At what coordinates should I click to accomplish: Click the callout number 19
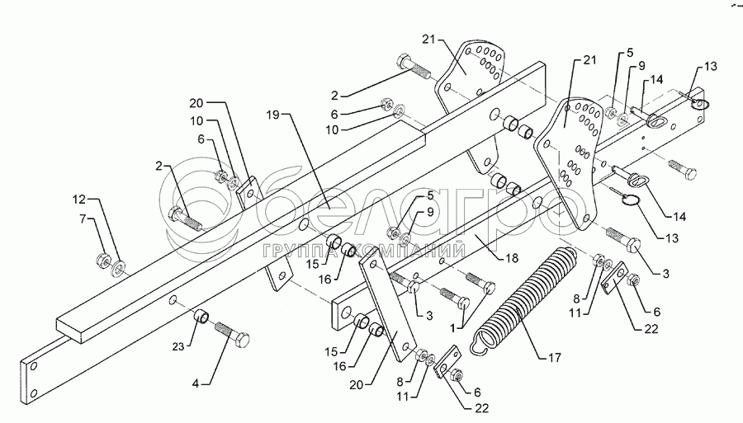[273, 115]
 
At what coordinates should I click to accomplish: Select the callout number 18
[512, 258]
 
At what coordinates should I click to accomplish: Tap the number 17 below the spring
[555, 358]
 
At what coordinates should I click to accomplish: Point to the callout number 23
[178, 347]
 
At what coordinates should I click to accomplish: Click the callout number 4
[195, 383]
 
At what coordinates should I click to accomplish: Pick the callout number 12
[79, 200]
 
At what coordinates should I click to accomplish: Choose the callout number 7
[84, 219]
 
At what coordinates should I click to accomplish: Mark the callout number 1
[453, 327]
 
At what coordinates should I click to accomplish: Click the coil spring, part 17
[525, 299]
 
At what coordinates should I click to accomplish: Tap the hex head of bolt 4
[242, 339]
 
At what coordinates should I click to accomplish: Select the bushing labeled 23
[202, 316]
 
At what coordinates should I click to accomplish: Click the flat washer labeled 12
[117, 268]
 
